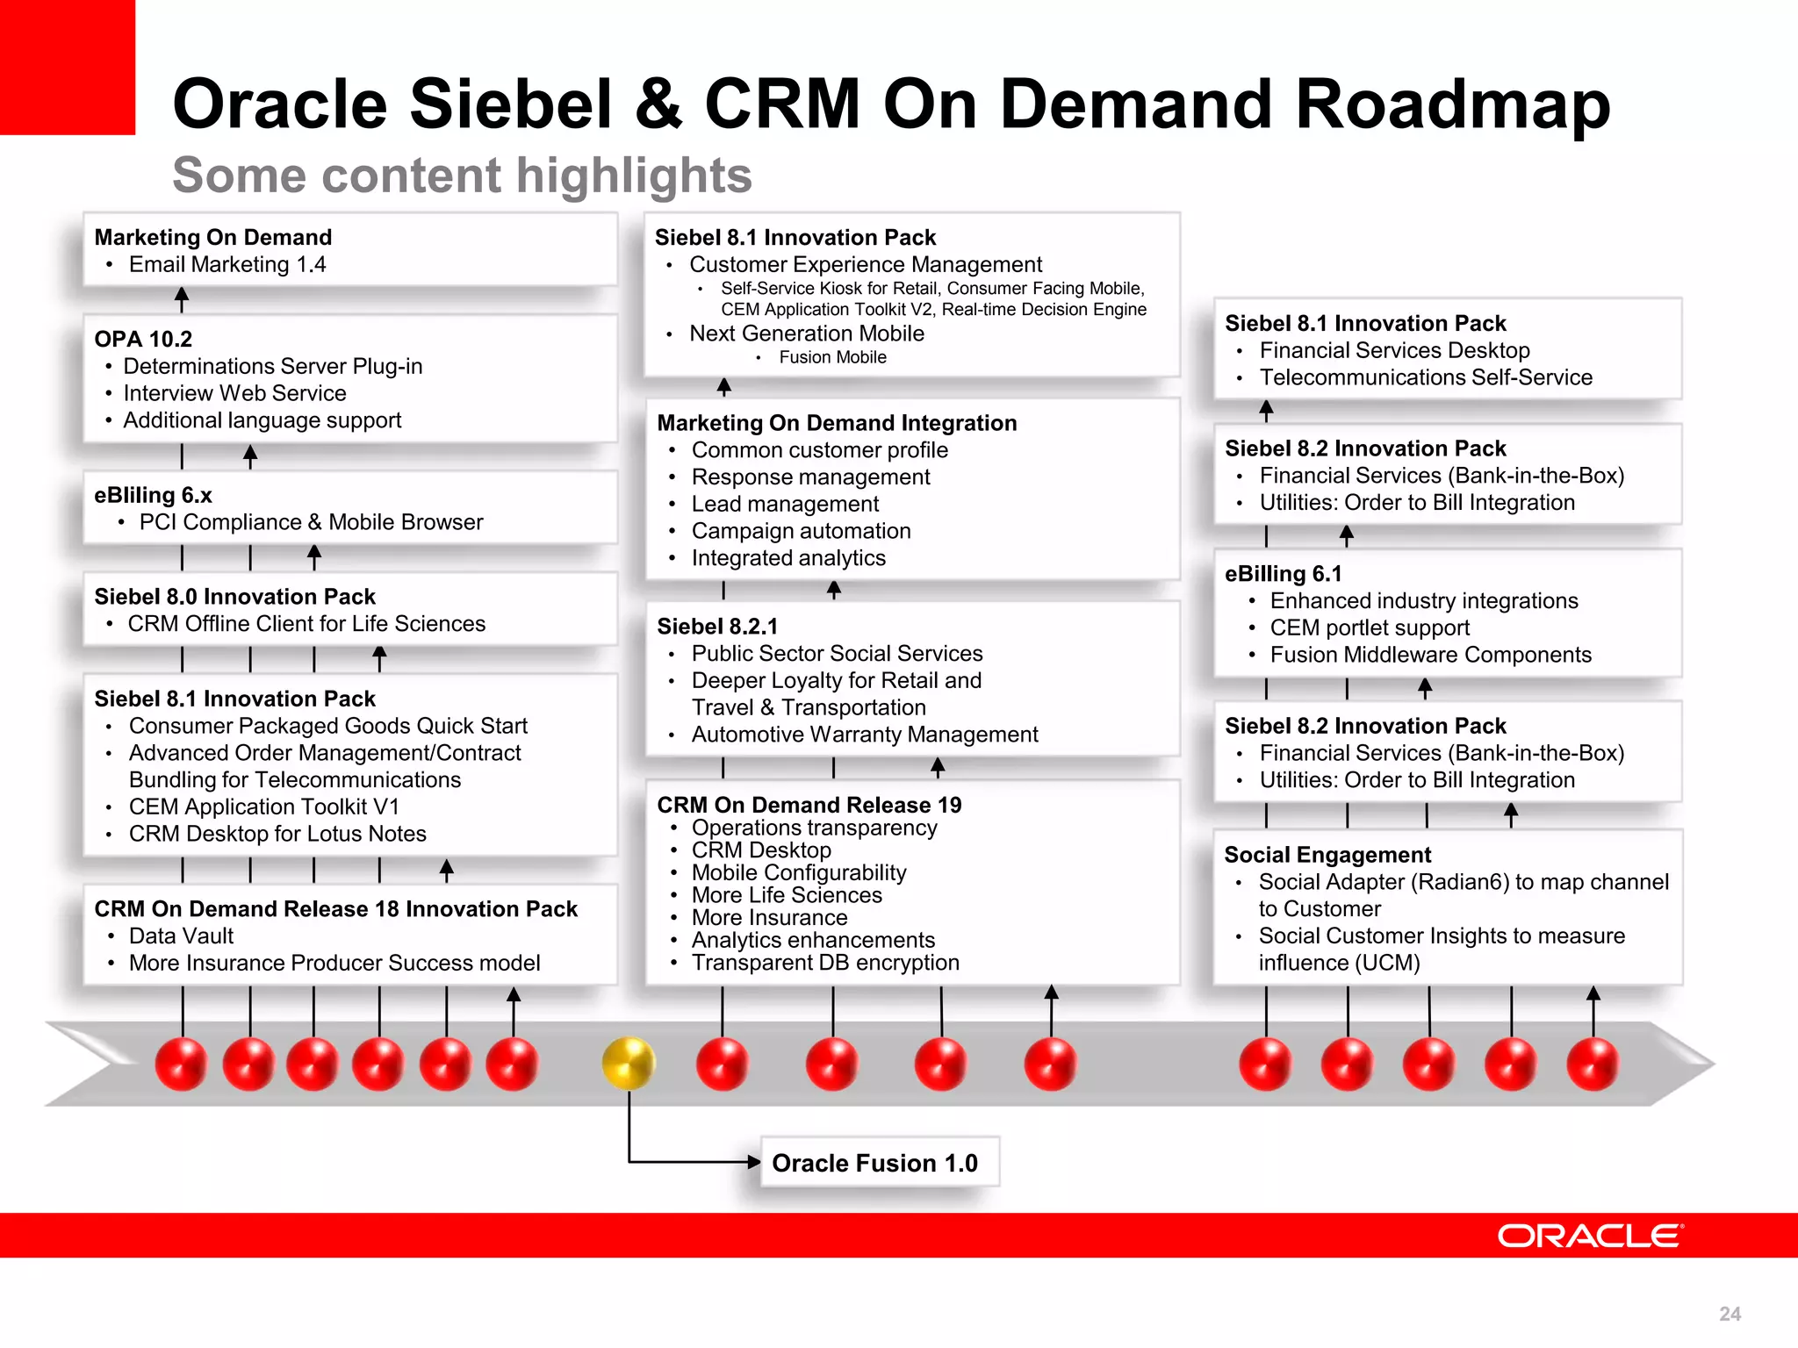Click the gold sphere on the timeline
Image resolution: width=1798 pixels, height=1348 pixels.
tap(629, 1063)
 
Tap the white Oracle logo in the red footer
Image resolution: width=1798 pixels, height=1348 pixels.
tap(1590, 1236)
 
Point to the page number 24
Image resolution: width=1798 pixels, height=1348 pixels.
tap(1730, 1314)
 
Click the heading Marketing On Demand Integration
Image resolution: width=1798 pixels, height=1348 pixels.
tap(837, 423)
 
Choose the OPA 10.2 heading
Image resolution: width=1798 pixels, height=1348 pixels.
tap(143, 339)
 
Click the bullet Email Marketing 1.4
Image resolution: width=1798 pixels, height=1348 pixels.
tap(227, 264)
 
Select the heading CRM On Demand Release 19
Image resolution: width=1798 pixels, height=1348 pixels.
tap(809, 805)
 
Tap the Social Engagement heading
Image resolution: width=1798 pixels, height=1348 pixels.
tap(1327, 855)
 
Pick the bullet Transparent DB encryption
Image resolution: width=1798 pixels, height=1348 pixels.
tap(825, 963)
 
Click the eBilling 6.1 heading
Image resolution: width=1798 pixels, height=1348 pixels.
tap(1283, 574)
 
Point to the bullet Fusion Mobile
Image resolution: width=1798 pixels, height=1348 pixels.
tap(832, 357)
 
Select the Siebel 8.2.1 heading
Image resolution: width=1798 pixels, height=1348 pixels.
tap(717, 627)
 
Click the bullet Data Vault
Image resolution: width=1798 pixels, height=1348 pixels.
tap(181, 936)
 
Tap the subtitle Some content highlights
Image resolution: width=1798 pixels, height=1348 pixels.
tap(462, 175)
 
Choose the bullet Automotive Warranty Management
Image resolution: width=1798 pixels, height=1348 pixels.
tap(864, 735)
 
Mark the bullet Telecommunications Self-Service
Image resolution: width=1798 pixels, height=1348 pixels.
tap(1425, 377)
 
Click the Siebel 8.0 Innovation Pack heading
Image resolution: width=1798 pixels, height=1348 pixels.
tap(234, 597)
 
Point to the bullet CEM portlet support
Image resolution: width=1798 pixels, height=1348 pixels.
tap(1369, 628)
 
